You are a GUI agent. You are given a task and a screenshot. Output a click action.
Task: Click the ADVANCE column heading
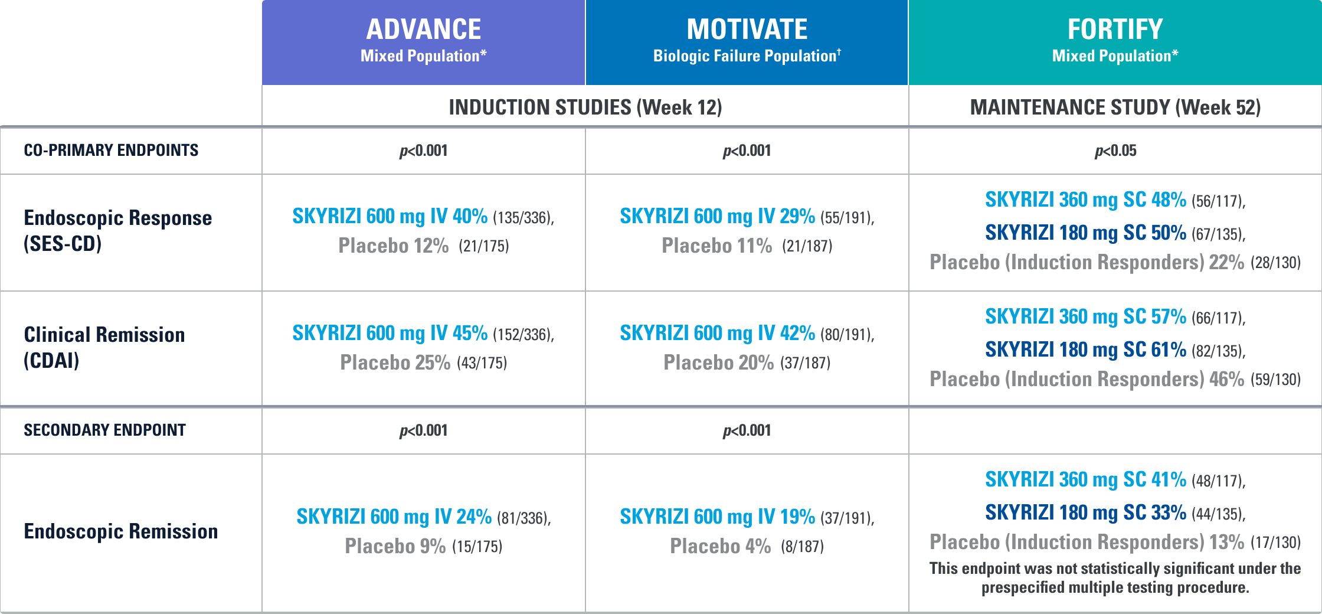click(423, 30)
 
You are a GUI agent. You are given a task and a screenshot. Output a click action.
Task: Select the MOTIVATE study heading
click(747, 30)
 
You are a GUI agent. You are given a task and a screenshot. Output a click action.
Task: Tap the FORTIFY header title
click(1115, 30)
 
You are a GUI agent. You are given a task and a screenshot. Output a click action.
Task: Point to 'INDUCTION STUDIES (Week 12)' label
click(585, 107)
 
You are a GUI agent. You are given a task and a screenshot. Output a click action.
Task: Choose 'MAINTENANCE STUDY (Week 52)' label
click(1115, 107)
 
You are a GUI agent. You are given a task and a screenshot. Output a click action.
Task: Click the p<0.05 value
click(1115, 151)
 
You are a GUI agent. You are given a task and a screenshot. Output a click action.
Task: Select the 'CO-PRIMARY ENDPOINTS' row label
click(111, 151)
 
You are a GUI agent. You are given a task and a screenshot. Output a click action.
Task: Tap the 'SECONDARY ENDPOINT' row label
click(104, 430)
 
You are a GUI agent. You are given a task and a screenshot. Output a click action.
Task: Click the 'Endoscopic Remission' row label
click(120, 531)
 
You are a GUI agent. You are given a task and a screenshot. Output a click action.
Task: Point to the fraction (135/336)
click(522, 218)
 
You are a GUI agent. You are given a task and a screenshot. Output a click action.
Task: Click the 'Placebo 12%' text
click(393, 246)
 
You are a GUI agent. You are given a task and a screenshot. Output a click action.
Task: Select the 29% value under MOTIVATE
click(797, 216)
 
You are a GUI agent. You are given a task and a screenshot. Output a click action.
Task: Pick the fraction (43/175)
click(482, 363)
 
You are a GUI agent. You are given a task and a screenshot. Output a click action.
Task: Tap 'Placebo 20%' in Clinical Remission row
click(718, 362)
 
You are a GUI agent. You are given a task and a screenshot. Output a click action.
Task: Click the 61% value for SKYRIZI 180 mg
click(1168, 350)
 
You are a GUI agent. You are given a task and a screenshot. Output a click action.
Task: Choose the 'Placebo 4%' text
click(720, 546)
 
